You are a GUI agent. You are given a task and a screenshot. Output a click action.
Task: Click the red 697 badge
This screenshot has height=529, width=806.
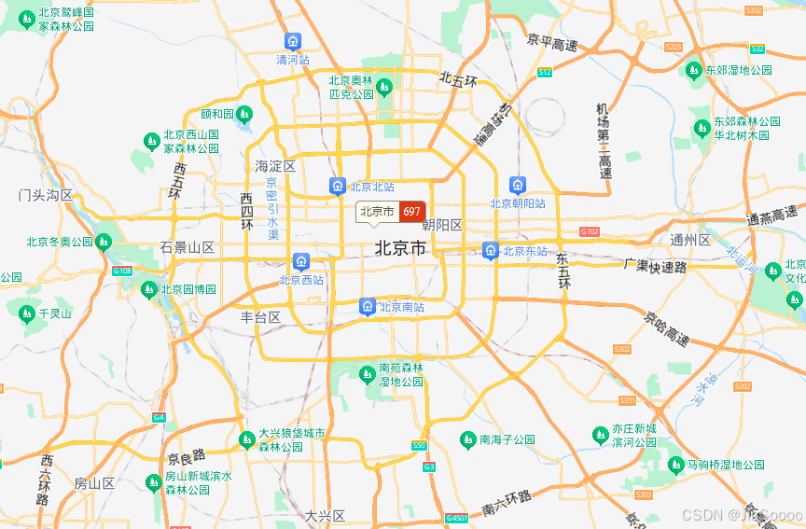pyautogui.click(x=411, y=212)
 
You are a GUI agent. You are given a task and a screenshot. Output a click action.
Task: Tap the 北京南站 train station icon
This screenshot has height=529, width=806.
pyautogui.click(x=368, y=306)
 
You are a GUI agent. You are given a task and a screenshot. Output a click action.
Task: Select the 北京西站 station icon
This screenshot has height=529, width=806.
pyautogui.click(x=301, y=261)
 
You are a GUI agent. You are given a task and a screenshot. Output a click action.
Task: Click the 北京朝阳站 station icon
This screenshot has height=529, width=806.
pyautogui.click(x=518, y=185)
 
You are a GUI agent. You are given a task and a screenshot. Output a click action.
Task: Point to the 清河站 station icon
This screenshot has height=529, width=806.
pyautogui.click(x=293, y=42)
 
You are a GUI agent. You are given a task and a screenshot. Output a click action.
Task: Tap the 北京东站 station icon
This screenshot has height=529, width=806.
pyautogui.click(x=491, y=250)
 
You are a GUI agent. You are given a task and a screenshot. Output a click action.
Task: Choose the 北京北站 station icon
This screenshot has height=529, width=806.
pyautogui.click(x=338, y=187)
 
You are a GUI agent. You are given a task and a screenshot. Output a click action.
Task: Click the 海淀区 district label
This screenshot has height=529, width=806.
pyautogui.click(x=275, y=166)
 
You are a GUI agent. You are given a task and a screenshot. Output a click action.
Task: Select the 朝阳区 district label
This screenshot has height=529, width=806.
pyautogui.click(x=442, y=226)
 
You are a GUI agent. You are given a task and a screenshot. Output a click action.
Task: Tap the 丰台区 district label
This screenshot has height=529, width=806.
pyautogui.click(x=260, y=317)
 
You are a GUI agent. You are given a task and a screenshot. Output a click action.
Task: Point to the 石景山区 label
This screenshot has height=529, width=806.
pyautogui.click(x=187, y=248)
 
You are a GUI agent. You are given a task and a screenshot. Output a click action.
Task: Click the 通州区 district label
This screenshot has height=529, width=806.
pyautogui.click(x=690, y=240)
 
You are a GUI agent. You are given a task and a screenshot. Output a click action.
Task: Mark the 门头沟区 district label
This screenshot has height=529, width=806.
pyautogui.click(x=46, y=195)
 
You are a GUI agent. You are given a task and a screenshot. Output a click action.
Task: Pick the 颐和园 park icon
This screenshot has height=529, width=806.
pyautogui.click(x=243, y=114)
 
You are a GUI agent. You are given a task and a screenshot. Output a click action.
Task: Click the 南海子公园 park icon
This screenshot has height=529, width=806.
pyautogui.click(x=467, y=439)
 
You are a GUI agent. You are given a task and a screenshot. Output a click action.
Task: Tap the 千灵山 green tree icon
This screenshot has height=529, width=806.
pyautogui.click(x=25, y=313)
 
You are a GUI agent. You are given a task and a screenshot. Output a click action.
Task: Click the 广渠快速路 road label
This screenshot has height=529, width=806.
pyautogui.click(x=655, y=266)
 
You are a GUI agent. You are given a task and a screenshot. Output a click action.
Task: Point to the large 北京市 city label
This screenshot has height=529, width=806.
pyautogui.click(x=400, y=248)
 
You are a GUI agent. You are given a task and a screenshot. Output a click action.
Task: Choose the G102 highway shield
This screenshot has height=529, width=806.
pyautogui.click(x=590, y=230)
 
